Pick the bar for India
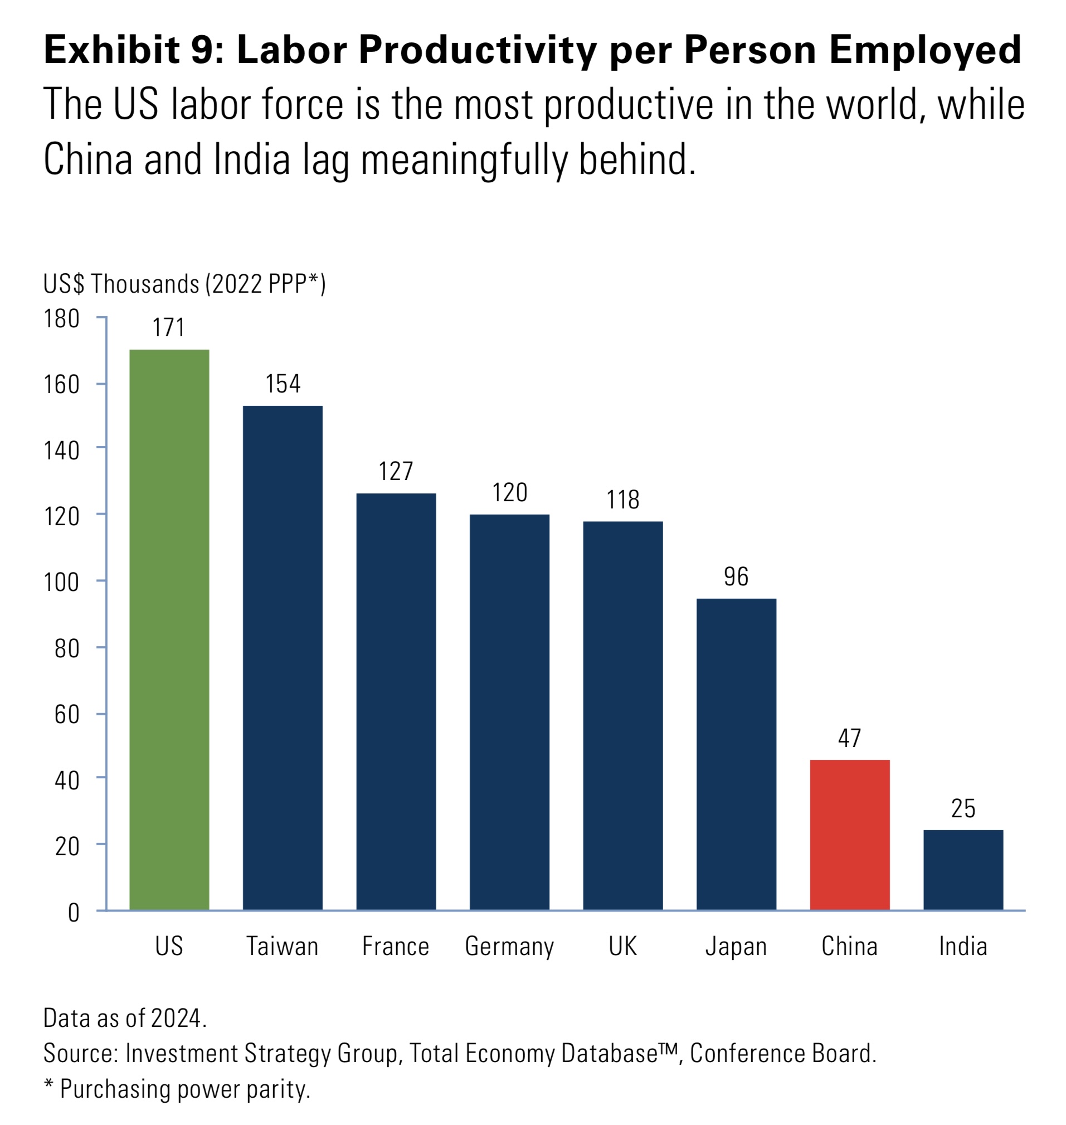pos(963,870)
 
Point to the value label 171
pos(169,328)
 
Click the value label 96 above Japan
pos(736,577)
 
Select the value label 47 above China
pos(849,739)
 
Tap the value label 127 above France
pos(396,472)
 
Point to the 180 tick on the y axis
pos(61,319)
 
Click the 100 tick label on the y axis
pos(61,583)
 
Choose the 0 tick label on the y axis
pos(74,913)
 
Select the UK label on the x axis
pos(623,947)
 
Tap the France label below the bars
pos(396,947)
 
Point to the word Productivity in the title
pos(478,50)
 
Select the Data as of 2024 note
pos(125,1018)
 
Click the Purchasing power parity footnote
pos(177,1089)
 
